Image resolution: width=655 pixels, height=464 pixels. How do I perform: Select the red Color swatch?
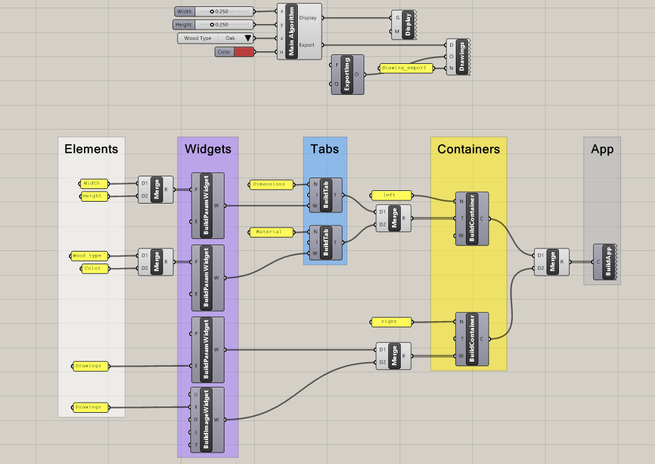[244, 52]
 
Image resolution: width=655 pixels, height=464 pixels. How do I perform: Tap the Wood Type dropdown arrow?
[248, 39]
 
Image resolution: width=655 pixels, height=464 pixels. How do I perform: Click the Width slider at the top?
[221, 11]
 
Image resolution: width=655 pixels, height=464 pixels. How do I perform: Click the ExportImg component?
[346, 75]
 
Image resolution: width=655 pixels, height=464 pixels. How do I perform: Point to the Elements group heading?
[91, 149]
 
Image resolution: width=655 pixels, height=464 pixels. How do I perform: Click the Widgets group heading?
[207, 149]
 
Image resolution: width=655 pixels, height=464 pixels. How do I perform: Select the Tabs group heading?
[324, 149]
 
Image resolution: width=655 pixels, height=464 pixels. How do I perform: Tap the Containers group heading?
[468, 149]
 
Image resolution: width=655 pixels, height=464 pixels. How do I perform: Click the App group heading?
[602, 149]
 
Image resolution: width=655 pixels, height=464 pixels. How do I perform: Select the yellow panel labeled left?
[390, 195]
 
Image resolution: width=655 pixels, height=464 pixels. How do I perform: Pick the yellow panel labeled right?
[390, 322]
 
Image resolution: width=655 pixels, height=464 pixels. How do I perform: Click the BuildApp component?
[608, 261]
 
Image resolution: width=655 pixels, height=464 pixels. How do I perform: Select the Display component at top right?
[408, 25]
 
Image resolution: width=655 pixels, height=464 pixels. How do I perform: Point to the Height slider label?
[184, 25]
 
